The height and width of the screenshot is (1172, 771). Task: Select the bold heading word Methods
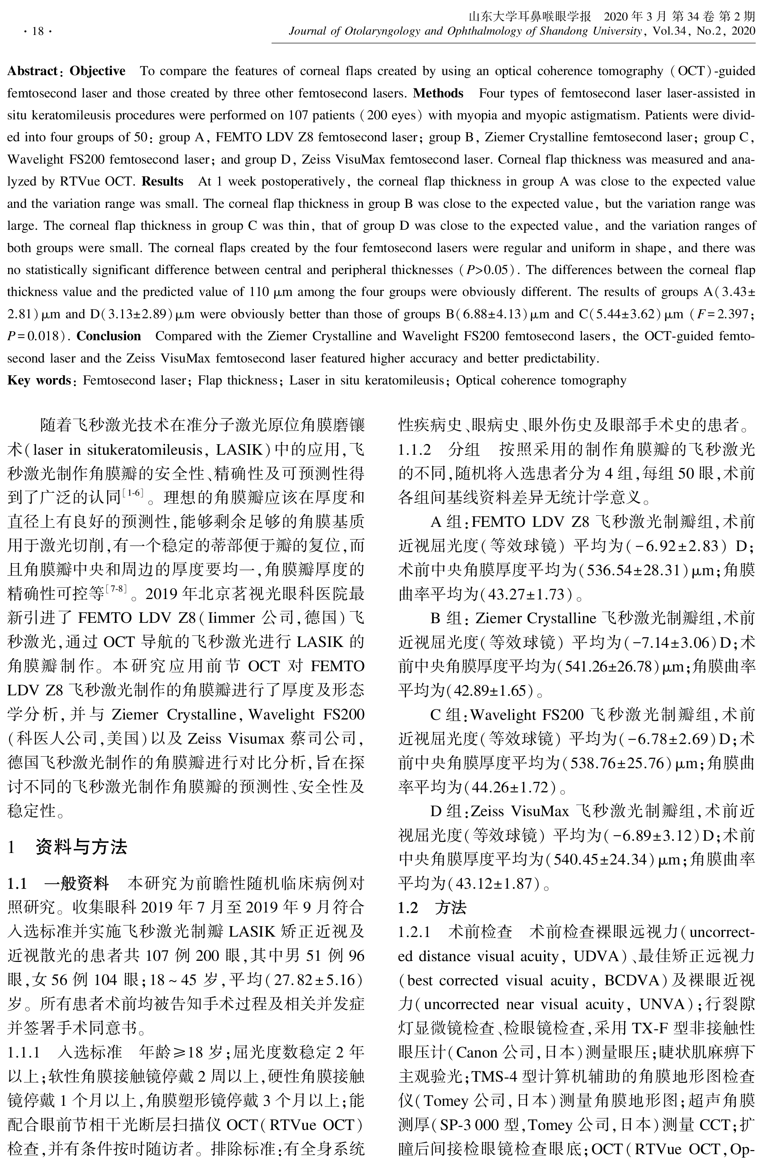click(x=438, y=93)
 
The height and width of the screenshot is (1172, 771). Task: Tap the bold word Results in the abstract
click(x=163, y=181)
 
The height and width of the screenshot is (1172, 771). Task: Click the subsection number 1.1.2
click(x=415, y=449)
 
